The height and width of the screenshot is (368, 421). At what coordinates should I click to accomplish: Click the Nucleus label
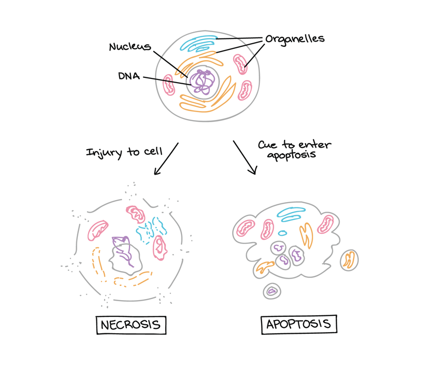pos(130,47)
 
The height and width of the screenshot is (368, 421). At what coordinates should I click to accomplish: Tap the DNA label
pos(129,76)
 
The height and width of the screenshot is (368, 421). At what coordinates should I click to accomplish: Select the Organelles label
pos(295,39)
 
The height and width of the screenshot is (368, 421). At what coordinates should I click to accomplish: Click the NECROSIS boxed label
pos(131,324)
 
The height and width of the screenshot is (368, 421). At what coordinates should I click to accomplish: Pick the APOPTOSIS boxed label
pos(299,324)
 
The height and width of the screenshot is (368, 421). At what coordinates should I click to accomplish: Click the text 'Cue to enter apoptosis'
pos(294,150)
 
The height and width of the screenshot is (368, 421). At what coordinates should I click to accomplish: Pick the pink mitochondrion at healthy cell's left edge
pos(169,84)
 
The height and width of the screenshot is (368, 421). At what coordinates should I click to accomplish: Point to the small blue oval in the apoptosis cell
pos(283,233)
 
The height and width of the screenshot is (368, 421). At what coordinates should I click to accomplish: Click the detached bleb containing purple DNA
pos(272,291)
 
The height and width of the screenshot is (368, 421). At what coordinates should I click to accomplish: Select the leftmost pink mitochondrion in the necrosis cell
pos(98,230)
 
